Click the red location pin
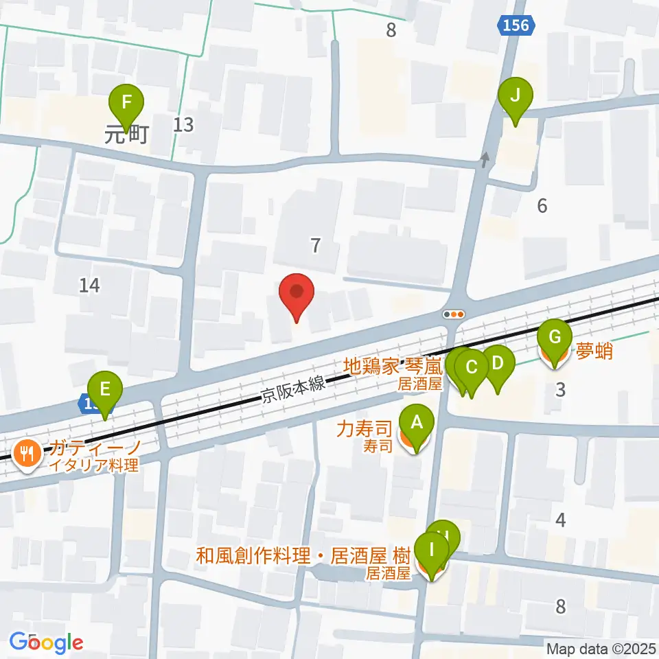click(x=297, y=294)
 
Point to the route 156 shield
click(x=515, y=25)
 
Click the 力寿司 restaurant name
click(x=364, y=430)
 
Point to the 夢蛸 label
click(x=594, y=352)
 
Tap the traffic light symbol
click(x=454, y=314)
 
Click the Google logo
click(x=47, y=643)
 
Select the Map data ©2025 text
click(x=601, y=648)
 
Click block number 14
click(x=89, y=285)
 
